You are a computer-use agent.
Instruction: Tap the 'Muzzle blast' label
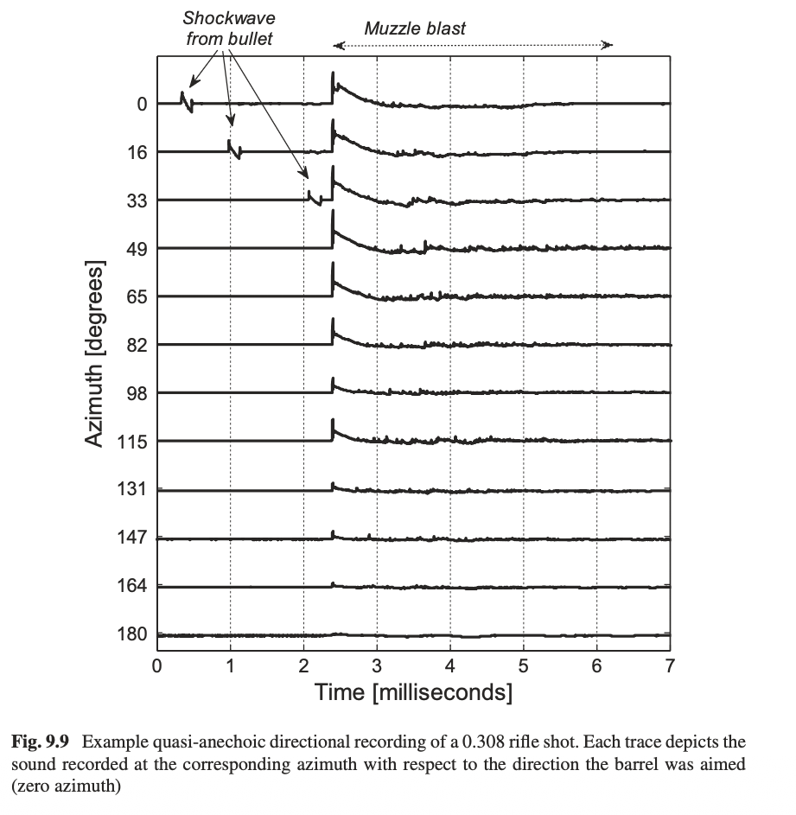414,29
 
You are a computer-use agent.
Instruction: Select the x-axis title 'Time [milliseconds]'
413,691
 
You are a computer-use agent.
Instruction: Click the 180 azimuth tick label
132,635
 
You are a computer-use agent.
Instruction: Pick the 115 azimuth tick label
132,442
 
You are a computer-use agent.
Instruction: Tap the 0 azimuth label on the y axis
142,104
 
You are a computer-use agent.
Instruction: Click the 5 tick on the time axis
523,666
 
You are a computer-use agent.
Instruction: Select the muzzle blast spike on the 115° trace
334,429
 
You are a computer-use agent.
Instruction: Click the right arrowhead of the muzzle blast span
609,45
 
